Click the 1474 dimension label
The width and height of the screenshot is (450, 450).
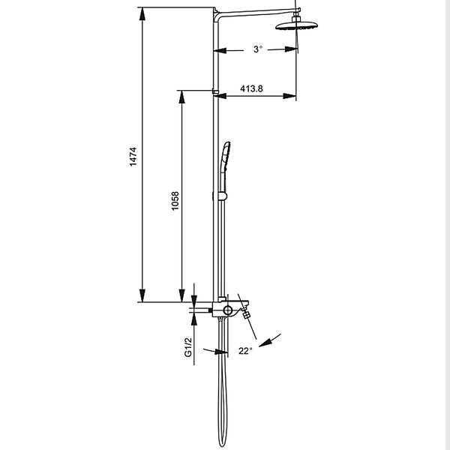click(x=133, y=157)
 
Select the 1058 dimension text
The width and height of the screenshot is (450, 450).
click(x=175, y=201)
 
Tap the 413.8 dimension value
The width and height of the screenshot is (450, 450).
click(x=251, y=88)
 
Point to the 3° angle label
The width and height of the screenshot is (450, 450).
click(x=258, y=49)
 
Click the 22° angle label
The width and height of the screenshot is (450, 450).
click(x=245, y=351)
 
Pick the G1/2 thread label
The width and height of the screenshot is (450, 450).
click(x=188, y=347)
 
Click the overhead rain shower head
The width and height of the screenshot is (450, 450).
click(x=296, y=25)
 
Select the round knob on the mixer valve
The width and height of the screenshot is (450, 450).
click(x=227, y=310)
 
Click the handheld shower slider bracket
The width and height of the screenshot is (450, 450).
click(x=223, y=196)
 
